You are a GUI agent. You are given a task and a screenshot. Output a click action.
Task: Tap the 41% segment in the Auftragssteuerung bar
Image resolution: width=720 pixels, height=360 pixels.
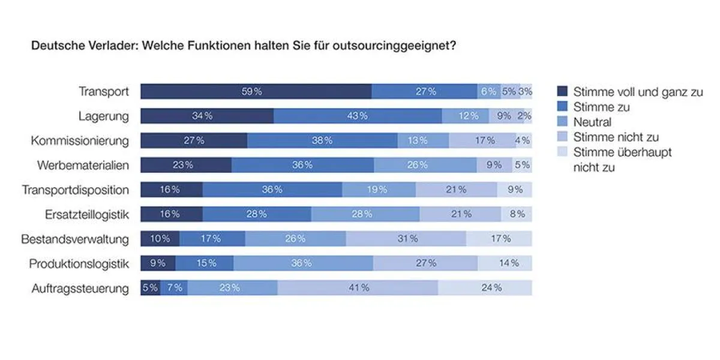click(358, 288)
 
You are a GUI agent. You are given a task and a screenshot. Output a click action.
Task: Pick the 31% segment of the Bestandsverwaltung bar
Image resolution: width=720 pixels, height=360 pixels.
click(406, 239)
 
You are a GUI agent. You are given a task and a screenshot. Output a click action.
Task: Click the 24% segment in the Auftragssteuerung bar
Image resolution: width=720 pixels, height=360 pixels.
click(485, 288)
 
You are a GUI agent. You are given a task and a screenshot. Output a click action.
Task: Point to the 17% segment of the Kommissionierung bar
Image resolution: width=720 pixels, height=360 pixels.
click(482, 140)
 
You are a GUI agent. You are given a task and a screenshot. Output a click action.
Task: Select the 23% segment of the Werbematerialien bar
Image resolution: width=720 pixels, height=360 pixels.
click(186, 165)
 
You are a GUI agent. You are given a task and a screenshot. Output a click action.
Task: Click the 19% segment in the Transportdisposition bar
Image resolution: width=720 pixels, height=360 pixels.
click(379, 190)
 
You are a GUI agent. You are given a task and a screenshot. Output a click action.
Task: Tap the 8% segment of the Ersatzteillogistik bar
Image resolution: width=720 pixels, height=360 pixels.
click(517, 214)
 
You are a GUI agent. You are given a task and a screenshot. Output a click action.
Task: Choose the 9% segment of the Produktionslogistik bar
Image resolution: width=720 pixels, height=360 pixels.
click(158, 263)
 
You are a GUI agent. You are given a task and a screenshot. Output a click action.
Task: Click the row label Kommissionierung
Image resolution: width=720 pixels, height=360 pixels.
click(80, 141)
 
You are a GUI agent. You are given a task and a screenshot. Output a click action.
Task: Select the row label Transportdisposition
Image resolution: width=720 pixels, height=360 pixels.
click(76, 190)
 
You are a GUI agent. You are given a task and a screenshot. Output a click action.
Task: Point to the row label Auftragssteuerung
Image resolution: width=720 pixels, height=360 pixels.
click(80, 289)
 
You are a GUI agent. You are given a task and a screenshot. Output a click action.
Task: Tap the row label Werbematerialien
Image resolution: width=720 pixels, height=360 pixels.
click(83, 166)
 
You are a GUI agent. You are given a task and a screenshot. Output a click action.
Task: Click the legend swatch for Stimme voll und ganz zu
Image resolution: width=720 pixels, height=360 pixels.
click(562, 92)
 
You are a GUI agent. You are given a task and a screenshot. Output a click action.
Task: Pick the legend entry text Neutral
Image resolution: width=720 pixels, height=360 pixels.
click(592, 122)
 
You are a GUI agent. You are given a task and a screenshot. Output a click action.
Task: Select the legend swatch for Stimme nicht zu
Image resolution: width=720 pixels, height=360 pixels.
click(562, 137)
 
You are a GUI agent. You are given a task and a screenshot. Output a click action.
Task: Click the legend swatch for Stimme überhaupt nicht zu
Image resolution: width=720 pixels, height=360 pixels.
click(562, 152)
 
